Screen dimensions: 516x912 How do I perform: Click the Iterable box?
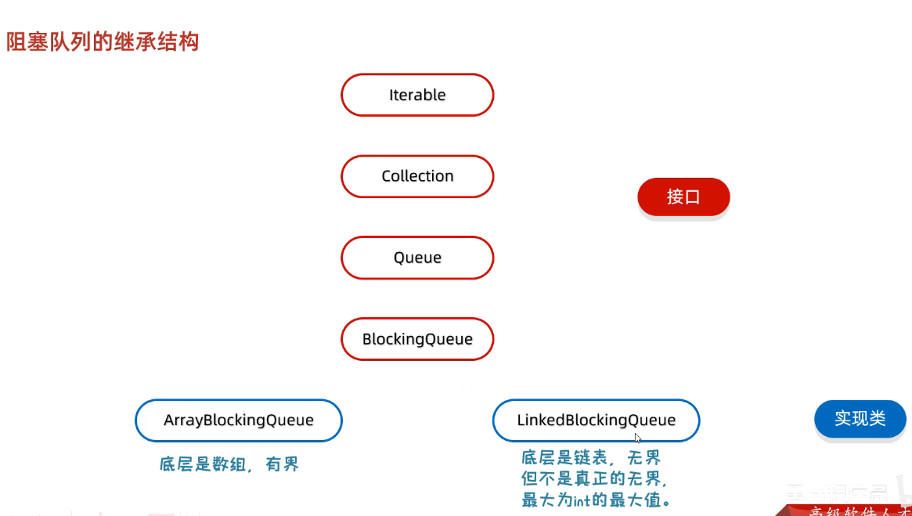point(417,96)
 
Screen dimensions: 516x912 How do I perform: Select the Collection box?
point(417,176)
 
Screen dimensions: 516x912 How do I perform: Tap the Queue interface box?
point(417,258)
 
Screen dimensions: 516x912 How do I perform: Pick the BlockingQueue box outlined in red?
point(417,339)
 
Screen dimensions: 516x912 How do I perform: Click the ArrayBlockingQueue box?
point(239,420)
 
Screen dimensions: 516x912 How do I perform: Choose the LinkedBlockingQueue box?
point(596,420)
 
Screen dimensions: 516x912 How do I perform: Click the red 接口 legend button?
point(683,197)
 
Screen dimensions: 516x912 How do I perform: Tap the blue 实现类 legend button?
point(860,418)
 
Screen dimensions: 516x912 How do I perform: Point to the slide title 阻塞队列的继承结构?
point(103,41)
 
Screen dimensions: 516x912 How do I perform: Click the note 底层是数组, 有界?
point(229,465)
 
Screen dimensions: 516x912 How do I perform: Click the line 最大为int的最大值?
point(597,500)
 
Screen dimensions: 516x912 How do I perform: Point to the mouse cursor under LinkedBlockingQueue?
point(638,438)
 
